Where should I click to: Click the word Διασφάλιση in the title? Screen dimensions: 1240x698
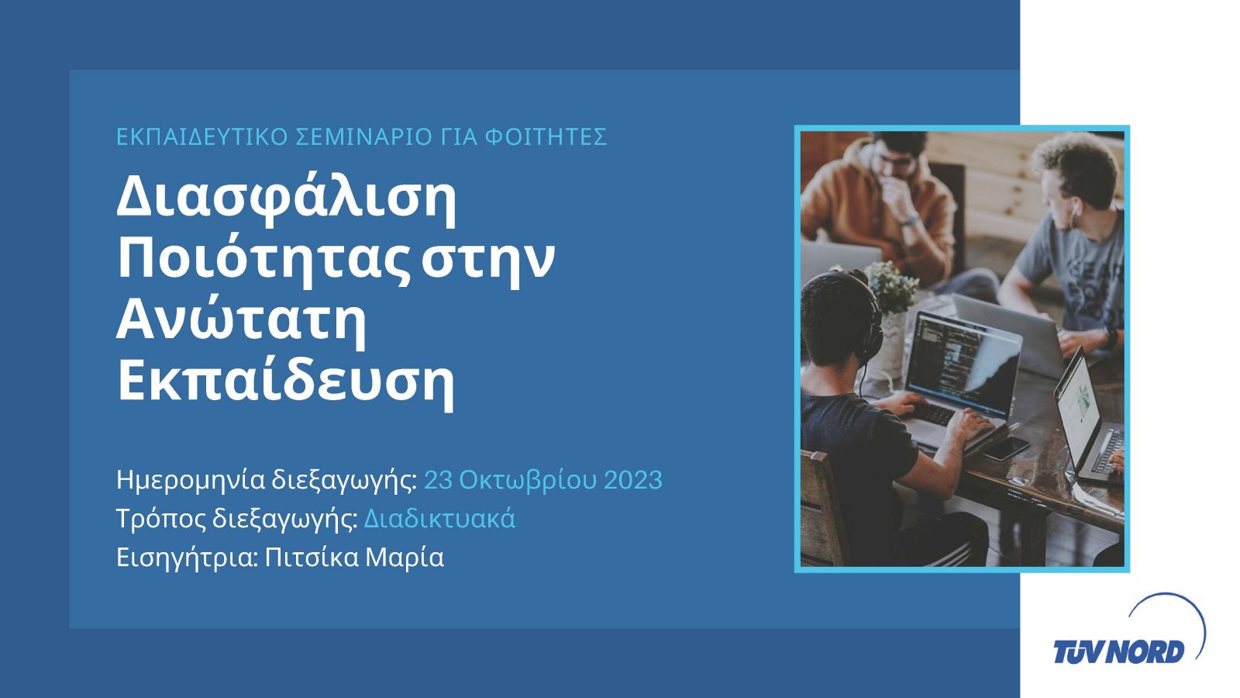point(286,201)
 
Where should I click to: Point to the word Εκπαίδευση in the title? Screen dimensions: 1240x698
point(286,383)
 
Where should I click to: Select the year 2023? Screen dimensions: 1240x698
point(632,480)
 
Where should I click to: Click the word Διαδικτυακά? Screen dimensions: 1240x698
point(439,519)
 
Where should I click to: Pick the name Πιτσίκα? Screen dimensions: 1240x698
point(312,558)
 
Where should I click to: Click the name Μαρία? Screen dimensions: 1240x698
point(405,558)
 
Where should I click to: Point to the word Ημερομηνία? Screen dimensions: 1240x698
point(191,481)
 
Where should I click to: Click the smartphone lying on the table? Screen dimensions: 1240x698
point(1006,447)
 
